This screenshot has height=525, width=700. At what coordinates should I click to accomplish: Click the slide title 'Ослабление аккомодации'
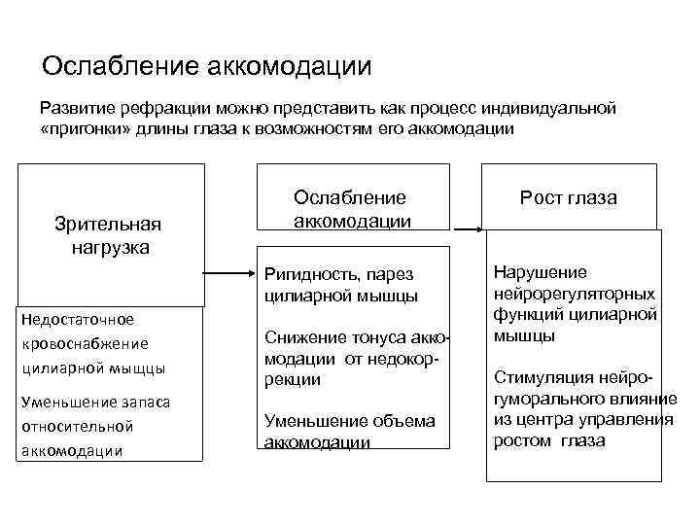(207, 66)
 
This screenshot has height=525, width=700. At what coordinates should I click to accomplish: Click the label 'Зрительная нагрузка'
(109, 235)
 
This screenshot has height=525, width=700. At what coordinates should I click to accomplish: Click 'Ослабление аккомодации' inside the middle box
(352, 208)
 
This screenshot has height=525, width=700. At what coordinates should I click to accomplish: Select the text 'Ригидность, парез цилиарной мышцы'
(340, 285)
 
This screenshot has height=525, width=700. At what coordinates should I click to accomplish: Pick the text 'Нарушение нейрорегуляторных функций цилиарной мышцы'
(575, 304)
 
